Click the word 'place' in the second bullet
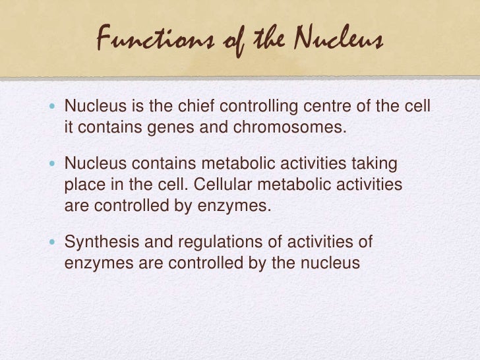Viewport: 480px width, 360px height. tap(81, 182)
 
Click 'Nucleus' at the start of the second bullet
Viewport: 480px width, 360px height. tap(89, 164)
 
